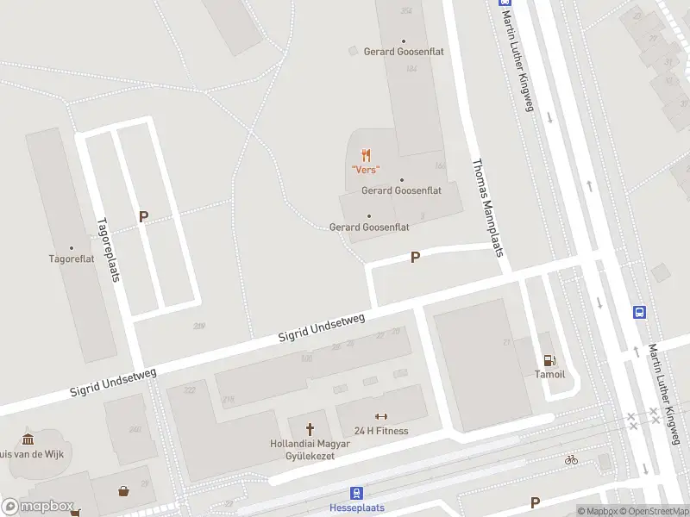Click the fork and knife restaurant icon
(x=367, y=155)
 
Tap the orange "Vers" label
(x=367, y=170)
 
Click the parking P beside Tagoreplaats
(x=144, y=217)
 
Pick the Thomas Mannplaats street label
(x=486, y=207)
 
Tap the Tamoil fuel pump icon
(x=549, y=360)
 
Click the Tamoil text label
(x=549, y=375)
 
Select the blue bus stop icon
(x=640, y=312)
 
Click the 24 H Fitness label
(x=381, y=431)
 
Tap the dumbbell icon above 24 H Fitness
(x=381, y=417)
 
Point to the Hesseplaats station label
(x=357, y=508)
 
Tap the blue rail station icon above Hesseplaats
(x=355, y=493)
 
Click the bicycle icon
(x=570, y=459)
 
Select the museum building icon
(x=28, y=439)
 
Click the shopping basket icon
(x=124, y=491)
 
